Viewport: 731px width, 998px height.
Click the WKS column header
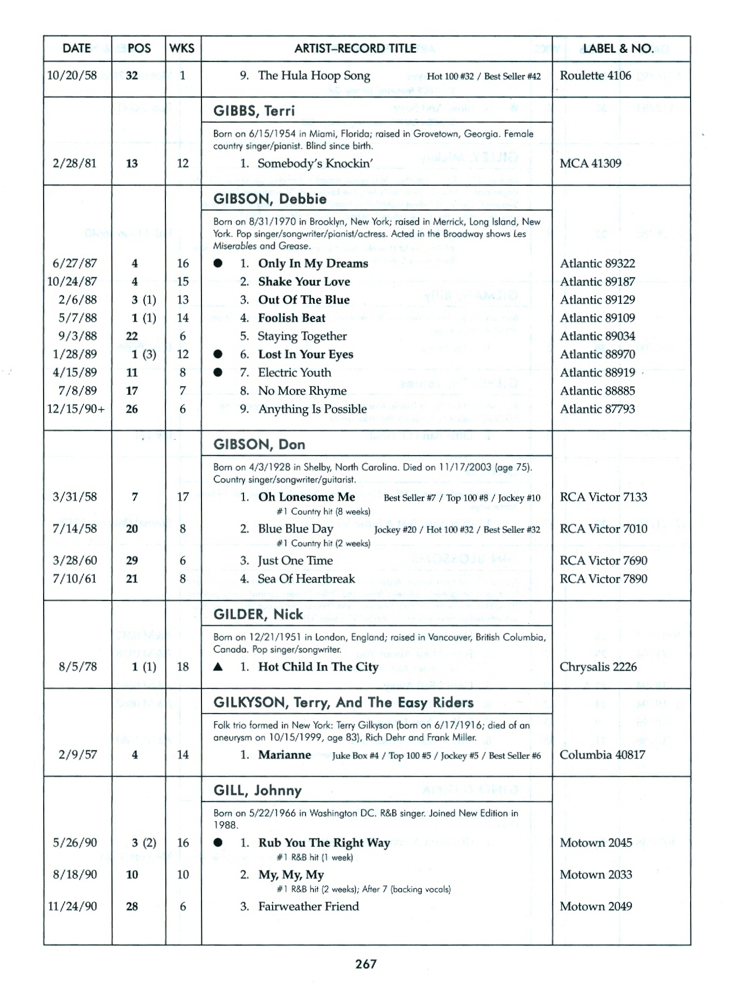(182, 48)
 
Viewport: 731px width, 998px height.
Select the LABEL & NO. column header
(618, 48)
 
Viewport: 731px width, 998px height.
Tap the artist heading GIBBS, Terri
(254, 111)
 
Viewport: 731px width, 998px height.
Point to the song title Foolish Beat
(291, 318)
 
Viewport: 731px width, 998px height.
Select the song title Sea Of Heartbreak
(306, 579)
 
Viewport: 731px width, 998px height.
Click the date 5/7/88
(78, 318)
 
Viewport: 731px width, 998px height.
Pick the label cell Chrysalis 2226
(598, 667)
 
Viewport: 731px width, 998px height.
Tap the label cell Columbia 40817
(602, 755)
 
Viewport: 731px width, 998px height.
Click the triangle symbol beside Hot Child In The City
(218, 667)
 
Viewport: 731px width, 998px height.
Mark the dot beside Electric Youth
(218, 373)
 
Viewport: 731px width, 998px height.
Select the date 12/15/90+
(76, 409)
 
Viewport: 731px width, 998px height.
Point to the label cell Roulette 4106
(595, 75)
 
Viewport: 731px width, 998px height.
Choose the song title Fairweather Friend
(308, 906)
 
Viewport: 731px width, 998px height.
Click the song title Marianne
(284, 755)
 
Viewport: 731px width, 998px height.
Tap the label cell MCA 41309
(590, 163)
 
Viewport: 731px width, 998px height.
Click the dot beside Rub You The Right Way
(218, 843)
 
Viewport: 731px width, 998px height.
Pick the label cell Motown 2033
(596, 875)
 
